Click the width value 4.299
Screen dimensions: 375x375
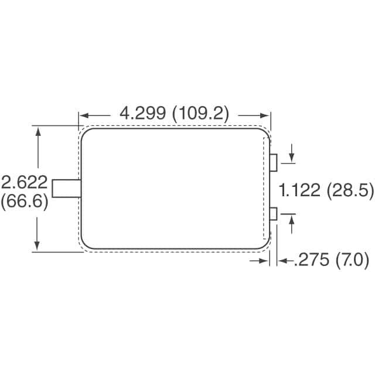(x=142, y=113)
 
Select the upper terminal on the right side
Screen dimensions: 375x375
(x=274, y=162)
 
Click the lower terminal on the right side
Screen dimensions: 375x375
(x=274, y=214)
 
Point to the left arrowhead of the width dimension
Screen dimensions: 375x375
(x=83, y=115)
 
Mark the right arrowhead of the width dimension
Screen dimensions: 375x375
(x=267, y=115)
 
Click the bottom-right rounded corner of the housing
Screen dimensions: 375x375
(x=264, y=243)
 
